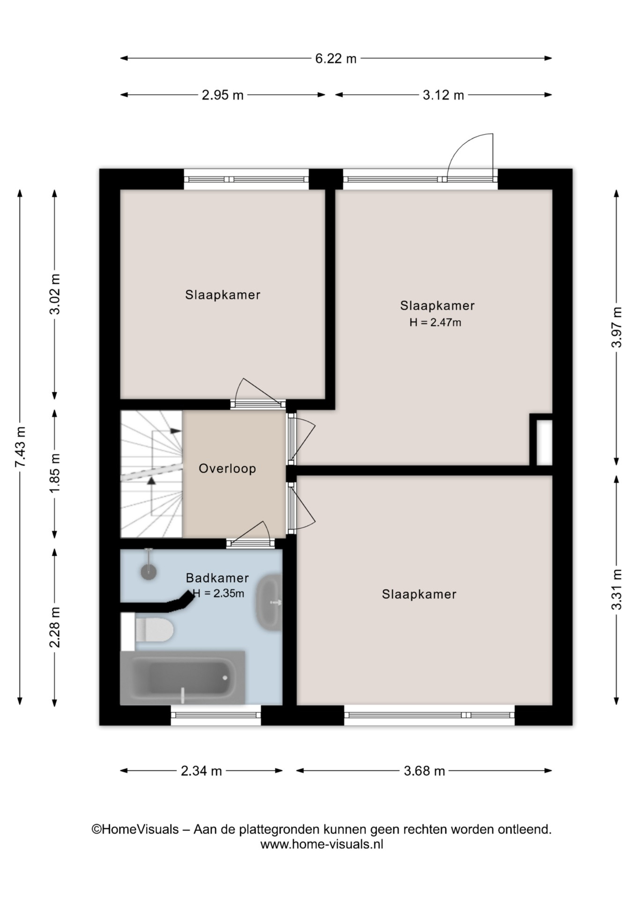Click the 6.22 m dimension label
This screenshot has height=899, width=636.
point(335,59)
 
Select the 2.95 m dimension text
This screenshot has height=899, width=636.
point(222,95)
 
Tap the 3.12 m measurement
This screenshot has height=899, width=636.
point(443,95)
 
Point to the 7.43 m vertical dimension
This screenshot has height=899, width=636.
point(20,447)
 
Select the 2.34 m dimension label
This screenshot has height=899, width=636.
point(201,771)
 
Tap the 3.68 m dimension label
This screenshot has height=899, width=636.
point(424,771)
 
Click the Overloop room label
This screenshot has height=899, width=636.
point(227,469)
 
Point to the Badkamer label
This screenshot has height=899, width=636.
point(217,578)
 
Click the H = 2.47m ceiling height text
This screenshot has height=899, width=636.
point(435,322)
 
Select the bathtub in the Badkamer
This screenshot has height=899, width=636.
point(183,677)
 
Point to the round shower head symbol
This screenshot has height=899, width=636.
point(149,572)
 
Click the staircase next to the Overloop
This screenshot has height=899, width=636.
point(151,474)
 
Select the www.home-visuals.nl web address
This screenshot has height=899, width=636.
point(322,844)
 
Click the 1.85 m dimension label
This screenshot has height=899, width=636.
point(55,473)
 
